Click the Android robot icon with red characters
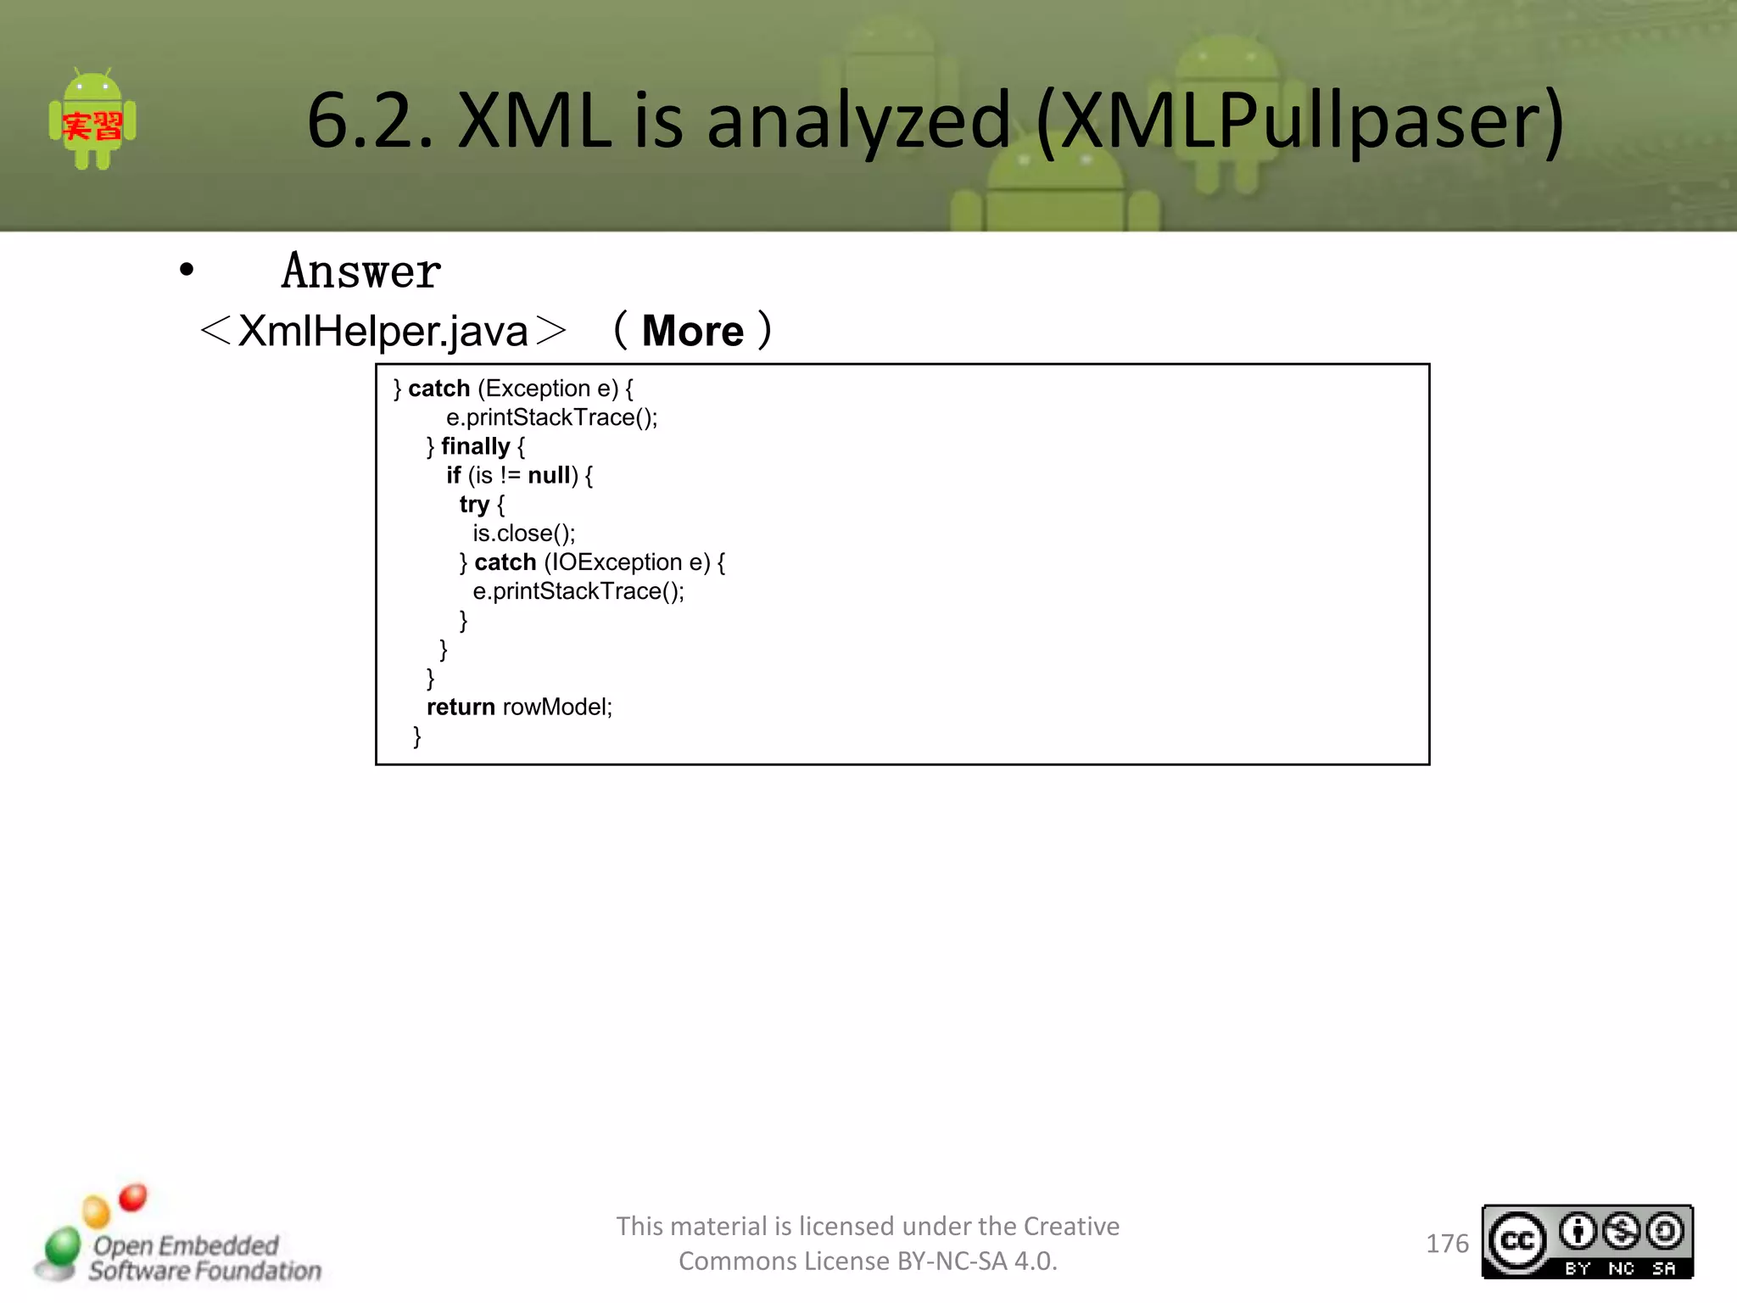[92, 120]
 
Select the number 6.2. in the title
[370, 120]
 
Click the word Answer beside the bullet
[361, 271]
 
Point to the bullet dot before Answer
[187, 271]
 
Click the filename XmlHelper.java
[383, 331]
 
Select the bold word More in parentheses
[692, 331]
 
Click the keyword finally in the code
[475, 446]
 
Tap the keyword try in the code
[474, 504]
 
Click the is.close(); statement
[523, 534]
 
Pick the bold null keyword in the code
[549, 475]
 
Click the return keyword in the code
[461, 707]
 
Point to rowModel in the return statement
[556, 707]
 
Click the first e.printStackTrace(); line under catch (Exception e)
[551, 417]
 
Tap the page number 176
[1447, 1244]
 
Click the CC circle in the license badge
[1517, 1242]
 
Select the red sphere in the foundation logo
[133, 1197]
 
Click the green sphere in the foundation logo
[62, 1247]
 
